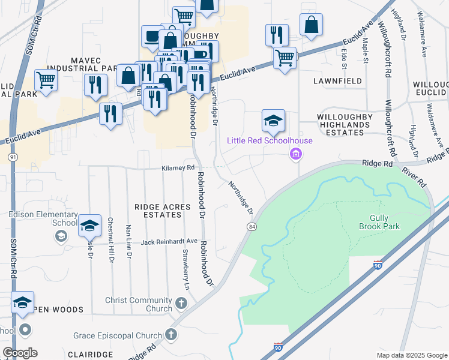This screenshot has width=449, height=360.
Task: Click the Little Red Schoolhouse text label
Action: click(x=270, y=141)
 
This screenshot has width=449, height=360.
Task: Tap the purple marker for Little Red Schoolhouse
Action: click(x=295, y=155)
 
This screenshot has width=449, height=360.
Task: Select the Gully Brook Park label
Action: click(x=379, y=222)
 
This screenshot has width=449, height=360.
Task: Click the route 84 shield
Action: click(x=251, y=226)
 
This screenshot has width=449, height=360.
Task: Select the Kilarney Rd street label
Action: click(x=178, y=168)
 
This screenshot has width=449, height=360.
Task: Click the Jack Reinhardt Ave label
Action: click(x=169, y=242)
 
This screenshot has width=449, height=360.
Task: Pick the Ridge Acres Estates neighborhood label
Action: click(x=162, y=211)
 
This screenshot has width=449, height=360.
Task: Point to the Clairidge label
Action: click(x=91, y=355)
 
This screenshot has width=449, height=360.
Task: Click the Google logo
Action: click(x=20, y=353)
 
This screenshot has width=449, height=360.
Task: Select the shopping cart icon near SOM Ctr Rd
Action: click(x=46, y=79)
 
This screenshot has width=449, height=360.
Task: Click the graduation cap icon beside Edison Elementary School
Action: click(x=89, y=225)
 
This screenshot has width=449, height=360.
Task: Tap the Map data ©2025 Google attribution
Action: click(x=411, y=355)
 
